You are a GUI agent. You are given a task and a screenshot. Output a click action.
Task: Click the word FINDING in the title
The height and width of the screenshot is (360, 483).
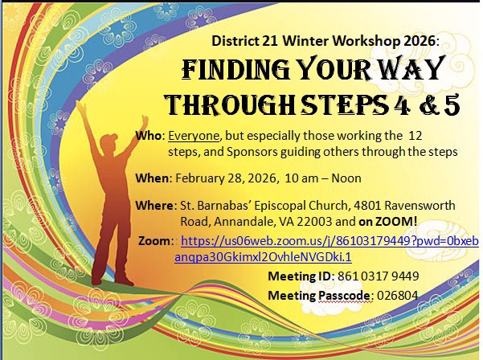coord(236,68)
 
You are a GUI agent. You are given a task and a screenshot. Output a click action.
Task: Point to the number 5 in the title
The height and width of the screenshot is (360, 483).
coord(452,104)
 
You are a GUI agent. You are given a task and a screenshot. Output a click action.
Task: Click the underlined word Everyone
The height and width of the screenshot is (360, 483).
coord(194,136)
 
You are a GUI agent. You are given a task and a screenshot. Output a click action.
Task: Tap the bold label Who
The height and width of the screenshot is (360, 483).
coord(149,136)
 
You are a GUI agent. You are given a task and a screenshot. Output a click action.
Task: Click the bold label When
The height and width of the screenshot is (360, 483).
coord(152,178)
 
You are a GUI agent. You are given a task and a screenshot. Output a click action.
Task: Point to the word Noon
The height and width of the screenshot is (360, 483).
coord(346,178)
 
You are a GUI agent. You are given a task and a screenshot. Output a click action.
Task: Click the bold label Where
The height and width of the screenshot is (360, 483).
coord(154,206)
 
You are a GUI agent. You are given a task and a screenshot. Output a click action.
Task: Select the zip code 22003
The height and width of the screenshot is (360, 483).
coord(314,222)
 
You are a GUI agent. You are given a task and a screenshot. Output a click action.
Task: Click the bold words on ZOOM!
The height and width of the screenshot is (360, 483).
coord(388,222)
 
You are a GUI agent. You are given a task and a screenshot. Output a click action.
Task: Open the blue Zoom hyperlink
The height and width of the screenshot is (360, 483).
coord(326,249)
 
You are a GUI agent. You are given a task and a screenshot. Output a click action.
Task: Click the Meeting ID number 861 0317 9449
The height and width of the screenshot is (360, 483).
coord(379,276)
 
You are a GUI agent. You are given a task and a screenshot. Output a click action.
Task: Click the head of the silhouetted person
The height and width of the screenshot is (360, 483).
coord(108,142)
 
